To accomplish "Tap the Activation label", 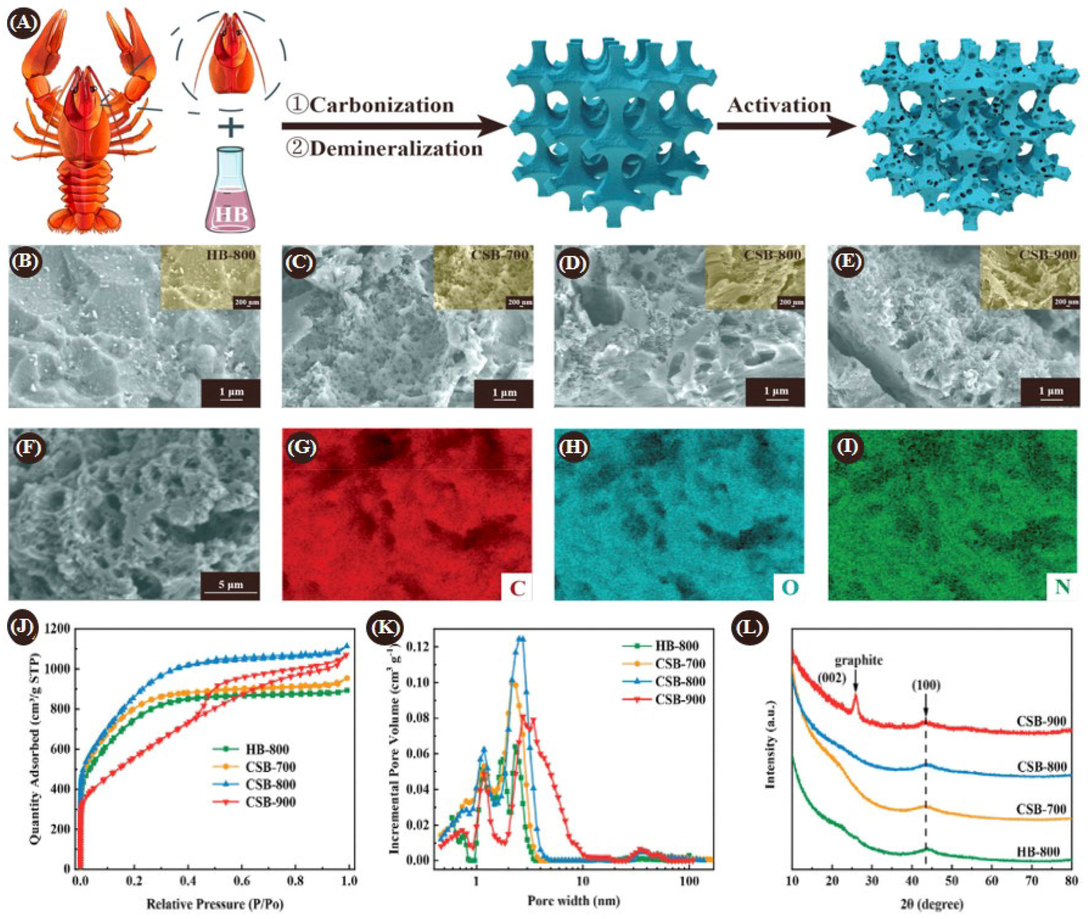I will pyautogui.click(x=779, y=105).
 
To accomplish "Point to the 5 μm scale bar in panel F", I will pyautogui.click(x=230, y=586).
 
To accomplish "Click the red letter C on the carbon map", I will pyautogui.click(x=517, y=588).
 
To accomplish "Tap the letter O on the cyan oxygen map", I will pyautogui.click(x=789, y=588).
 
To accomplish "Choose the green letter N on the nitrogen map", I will pyautogui.click(x=1062, y=588).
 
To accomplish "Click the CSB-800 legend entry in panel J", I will pyautogui.click(x=270, y=785).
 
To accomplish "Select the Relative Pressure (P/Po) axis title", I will pyautogui.click(x=215, y=904).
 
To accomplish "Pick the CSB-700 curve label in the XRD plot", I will pyautogui.click(x=1041, y=809).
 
